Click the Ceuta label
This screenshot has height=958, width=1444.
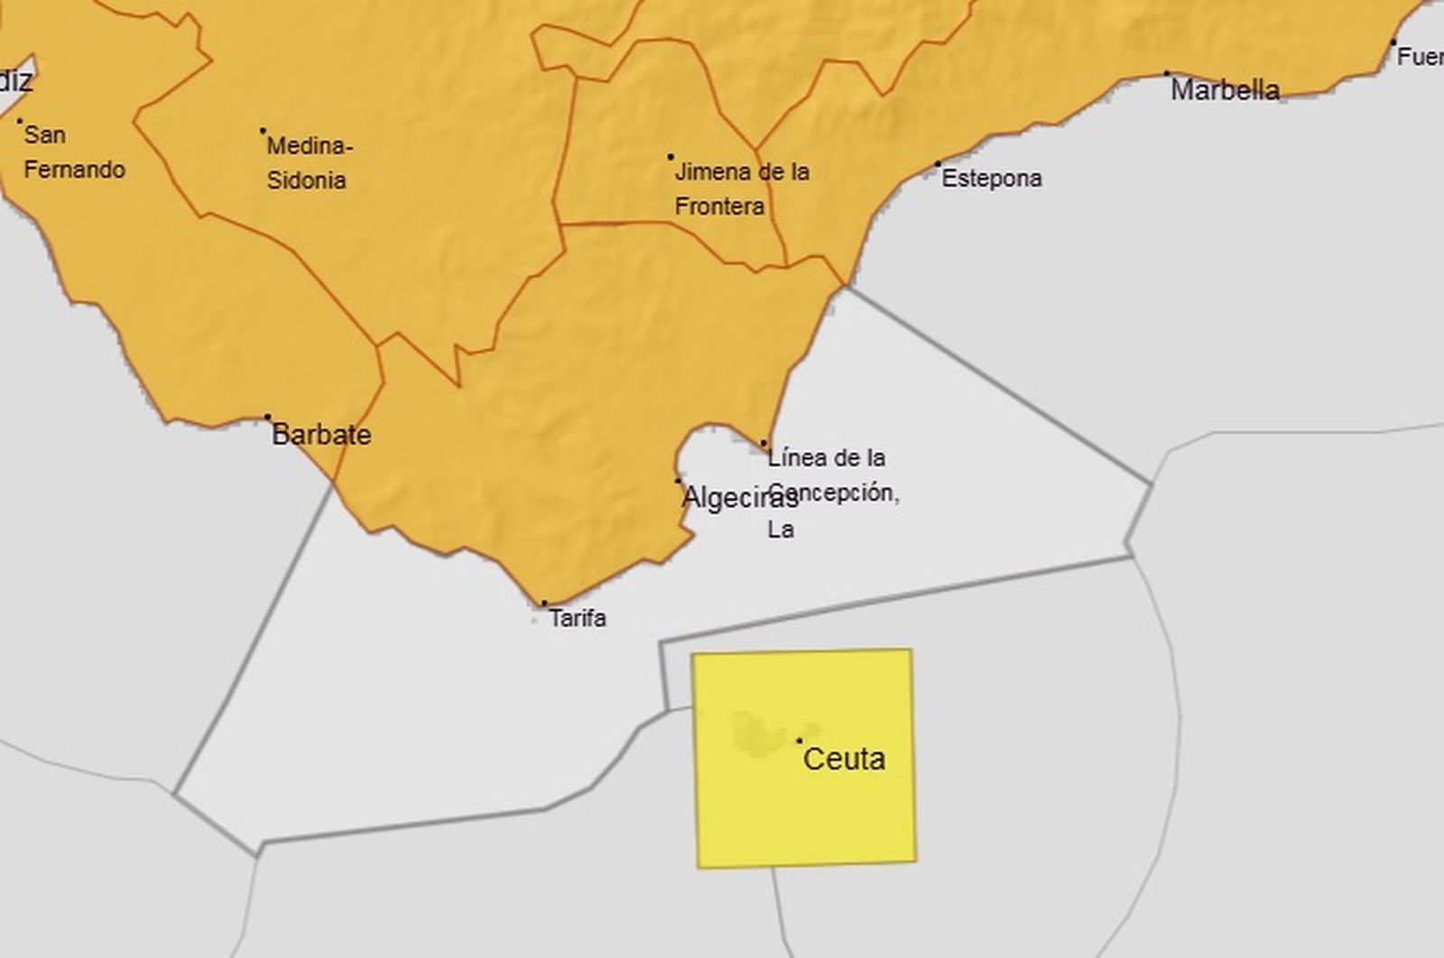pyautogui.click(x=844, y=759)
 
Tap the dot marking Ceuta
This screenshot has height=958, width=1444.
pyautogui.click(x=800, y=741)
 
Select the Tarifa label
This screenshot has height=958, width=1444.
pyautogui.click(x=578, y=618)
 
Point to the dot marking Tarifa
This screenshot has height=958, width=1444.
pyautogui.click(x=543, y=603)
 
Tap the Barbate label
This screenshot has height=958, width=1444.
pyautogui.click(x=321, y=435)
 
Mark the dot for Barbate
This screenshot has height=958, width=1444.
pyautogui.click(x=267, y=417)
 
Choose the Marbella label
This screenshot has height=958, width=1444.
pyautogui.click(x=1225, y=90)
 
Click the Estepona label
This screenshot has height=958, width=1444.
pyautogui.click(x=991, y=179)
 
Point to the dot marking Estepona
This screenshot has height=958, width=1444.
pyautogui.click(x=938, y=164)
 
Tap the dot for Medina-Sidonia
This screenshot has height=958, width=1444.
pyautogui.click(x=263, y=131)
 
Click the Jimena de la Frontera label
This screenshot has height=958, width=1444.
pyautogui.click(x=741, y=189)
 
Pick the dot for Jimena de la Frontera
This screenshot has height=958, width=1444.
pyautogui.click(x=671, y=157)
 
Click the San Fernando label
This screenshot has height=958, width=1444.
pyautogui.click(x=73, y=152)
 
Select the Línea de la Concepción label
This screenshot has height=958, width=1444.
pyautogui.click(x=830, y=493)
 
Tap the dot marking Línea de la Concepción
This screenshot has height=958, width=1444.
pyautogui.click(x=764, y=443)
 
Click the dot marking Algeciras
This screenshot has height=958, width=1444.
pyautogui.click(x=679, y=481)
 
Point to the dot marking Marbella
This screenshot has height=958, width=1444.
pyautogui.click(x=1166, y=74)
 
